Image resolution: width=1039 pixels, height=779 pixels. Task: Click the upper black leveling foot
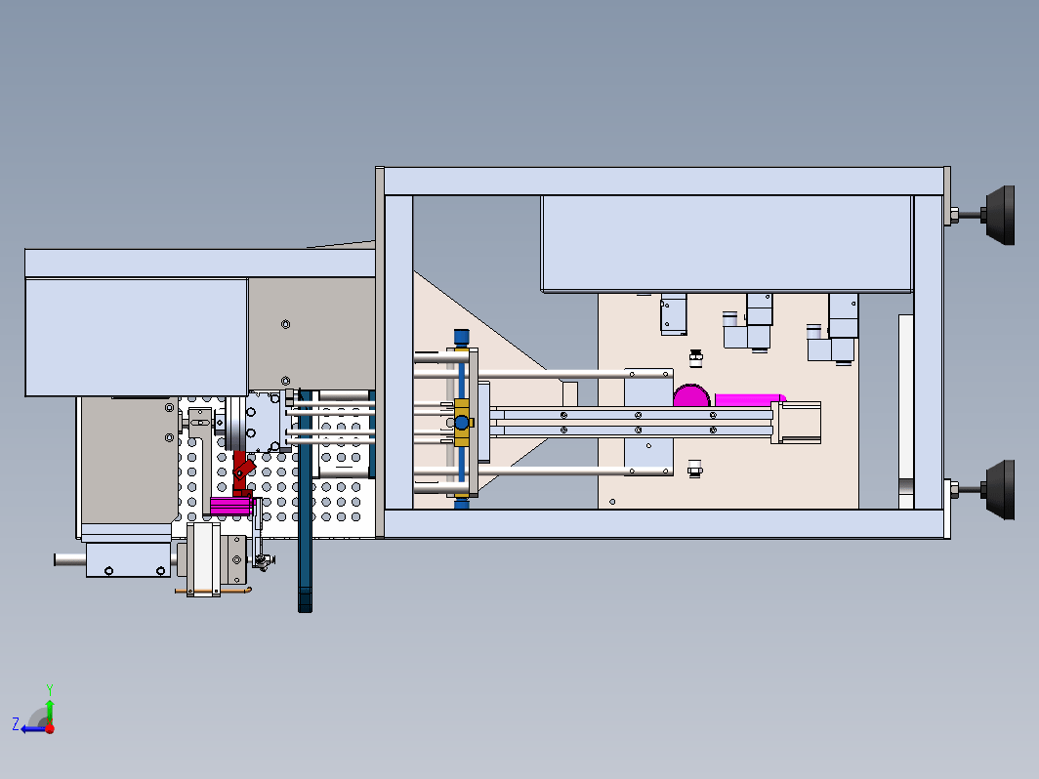pyautogui.click(x=1000, y=216)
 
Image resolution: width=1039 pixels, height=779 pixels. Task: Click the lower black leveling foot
pyautogui.click(x=1000, y=490)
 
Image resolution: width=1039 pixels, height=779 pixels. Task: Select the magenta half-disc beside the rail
pyautogui.click(x=691, y=396)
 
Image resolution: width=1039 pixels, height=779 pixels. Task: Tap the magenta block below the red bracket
pyautogui.click(x=232, y=506)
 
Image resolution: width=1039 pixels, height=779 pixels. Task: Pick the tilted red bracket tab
pyautogui.click(x=244, y=469)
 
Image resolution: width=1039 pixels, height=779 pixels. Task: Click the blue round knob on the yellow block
pyautogui.click(x=462, y=422)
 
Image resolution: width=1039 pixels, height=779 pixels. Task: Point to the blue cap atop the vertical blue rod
pyautogui.click(x=461, y=337)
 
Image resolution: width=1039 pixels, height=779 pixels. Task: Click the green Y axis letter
pyautogui.click(x=50, y=690)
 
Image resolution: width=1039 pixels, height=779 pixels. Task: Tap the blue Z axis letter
pyautogui.click(x=16, y=723)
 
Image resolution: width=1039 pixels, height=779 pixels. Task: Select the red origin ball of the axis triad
pyautogui.click(x=50, y=728)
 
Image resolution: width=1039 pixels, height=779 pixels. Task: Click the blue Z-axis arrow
pyautogui.click(x=33, y=729)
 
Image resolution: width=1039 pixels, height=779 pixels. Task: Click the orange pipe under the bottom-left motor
pyautogui.click(x=213, y=591)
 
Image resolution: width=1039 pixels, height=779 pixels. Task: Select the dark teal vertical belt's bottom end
pyautogui.click(x=305, y=607)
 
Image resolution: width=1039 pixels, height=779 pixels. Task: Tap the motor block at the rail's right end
pyautogui.click(x=797, y=423)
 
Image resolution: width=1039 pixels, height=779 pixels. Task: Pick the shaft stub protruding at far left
pyautogui.click(x=70, y=559)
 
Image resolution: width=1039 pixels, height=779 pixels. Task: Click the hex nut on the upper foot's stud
pyautogui.click(x=954, y=216)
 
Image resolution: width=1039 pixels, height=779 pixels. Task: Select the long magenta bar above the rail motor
pyautogui.click(x=750, y=400)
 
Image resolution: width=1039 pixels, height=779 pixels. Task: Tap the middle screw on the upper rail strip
pyautogui.click(x=638, y=415)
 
